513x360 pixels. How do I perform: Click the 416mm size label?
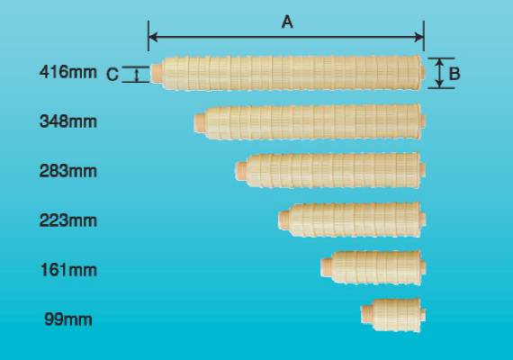[x=68, y=72]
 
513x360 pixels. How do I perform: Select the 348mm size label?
[x=68, y=121]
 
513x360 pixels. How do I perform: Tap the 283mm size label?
[x=68, y=171]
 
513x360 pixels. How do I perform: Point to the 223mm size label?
[x=68, y=220]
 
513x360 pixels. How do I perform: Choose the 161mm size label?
[x=68, y=270]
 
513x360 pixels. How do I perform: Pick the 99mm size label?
[x=68, y=319]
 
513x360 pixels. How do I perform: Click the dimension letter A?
[x=287, y=22]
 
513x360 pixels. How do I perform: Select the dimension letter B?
[x=454, y=74]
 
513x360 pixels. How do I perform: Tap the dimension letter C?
[x=112, y=75]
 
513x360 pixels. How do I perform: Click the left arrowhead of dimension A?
[x=153, y=37]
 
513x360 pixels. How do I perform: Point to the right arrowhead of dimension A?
[x=419, y=37]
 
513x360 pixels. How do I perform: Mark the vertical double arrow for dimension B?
[x=440, y=73]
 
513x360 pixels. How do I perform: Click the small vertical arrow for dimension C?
[x=137, y=75]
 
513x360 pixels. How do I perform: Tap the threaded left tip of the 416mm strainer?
[x=156, y=74]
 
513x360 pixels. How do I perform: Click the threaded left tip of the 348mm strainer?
[x=200, y=122]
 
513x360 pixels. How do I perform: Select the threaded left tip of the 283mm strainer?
[x=241, y=171]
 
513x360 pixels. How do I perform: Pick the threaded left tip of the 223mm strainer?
[x=284, y=220]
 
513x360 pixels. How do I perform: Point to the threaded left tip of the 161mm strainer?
[x=326, y=266]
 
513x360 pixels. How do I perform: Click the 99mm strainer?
[x=393, y=315]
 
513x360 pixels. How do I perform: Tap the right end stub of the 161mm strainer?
[x=423, y=267]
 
